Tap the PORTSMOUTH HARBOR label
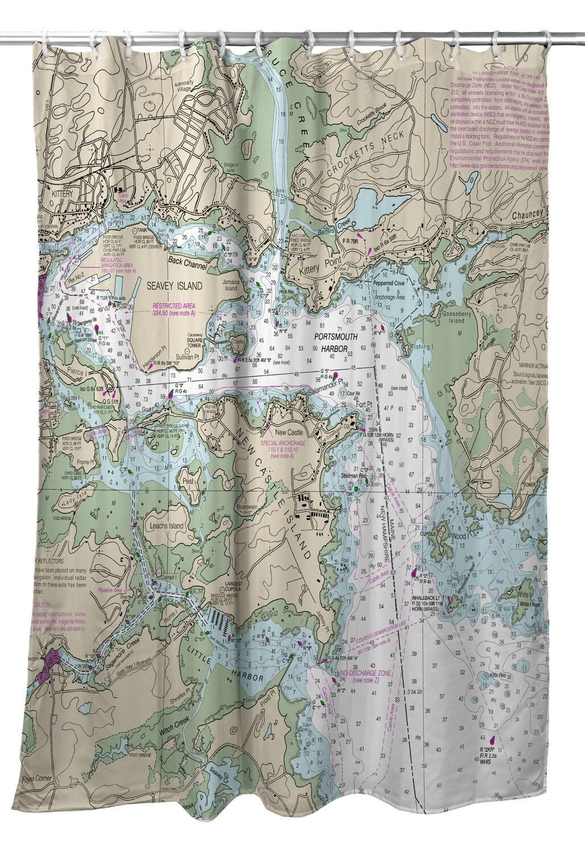(x=336, y=341)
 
